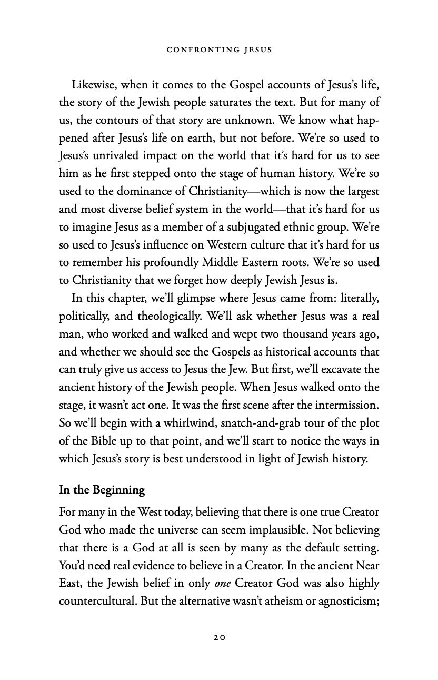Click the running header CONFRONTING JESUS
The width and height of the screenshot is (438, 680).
tap(218, 50)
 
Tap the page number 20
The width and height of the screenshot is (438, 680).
tap(219, 637)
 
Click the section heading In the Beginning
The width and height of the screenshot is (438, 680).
tap(102, 490)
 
